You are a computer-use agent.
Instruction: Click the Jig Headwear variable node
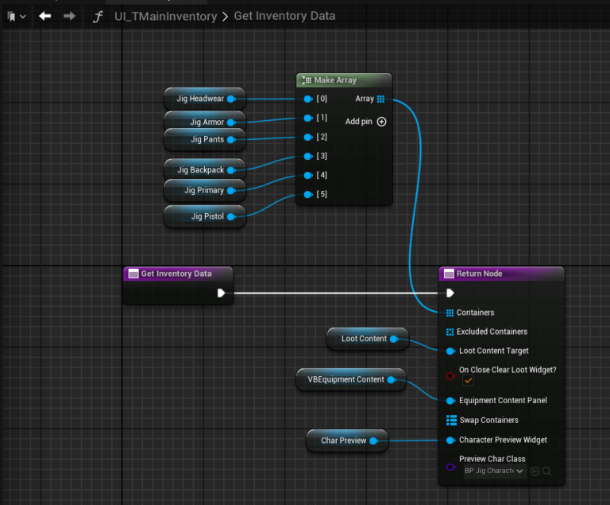[205, 99]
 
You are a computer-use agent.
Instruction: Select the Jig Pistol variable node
[205, 216]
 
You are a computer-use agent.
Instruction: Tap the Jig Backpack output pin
[231, 170]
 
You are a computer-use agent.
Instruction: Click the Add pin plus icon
[381, 122]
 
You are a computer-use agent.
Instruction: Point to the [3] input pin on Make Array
[308, 156]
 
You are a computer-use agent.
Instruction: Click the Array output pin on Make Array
[381, 99]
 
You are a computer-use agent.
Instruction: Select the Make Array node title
[335, 80]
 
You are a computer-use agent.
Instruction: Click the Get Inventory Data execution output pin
[221, 293]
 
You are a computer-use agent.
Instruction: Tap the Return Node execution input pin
[450, 293]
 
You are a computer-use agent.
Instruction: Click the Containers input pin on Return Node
[450, 313]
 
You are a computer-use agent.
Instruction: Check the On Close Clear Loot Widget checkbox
[468, 381]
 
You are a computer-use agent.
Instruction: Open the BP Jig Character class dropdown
[495, 471]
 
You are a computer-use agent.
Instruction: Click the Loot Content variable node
[368, 339]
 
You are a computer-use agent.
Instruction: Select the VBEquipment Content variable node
[351, 379]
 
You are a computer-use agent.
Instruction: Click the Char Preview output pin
[374, 441]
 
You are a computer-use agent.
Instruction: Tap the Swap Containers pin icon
[451, 421]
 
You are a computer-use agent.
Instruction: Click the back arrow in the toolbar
[45, 16]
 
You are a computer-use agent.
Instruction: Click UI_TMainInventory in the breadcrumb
[166, 16]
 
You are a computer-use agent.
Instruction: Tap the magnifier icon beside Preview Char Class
[547, 471]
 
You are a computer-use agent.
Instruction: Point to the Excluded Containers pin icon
[450, 332]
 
